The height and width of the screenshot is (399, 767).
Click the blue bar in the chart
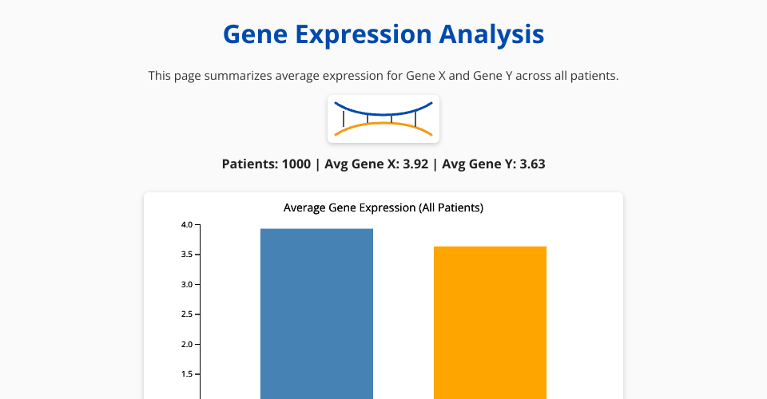316,314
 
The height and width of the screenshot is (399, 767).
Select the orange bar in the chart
490,322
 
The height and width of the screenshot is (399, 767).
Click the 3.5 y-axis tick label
187,255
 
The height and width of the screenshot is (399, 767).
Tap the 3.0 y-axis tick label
187,285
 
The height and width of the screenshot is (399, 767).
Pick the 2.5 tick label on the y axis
187,314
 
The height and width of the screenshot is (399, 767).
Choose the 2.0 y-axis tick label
187,344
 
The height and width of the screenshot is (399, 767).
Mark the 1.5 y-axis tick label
187,374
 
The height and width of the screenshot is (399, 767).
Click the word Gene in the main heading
255,34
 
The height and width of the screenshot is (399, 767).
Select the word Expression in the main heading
364,35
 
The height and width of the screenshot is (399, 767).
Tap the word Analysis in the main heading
491,35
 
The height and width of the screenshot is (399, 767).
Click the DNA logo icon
383,119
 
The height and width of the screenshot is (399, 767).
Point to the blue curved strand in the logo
383,114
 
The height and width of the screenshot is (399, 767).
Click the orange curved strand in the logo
383,123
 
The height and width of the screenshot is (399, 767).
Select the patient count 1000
296,164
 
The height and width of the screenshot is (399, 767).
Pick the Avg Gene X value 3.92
415,164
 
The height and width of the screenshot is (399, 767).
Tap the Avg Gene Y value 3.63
532,164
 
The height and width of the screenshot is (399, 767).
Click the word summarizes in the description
238,76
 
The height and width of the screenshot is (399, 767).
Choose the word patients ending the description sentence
596,76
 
